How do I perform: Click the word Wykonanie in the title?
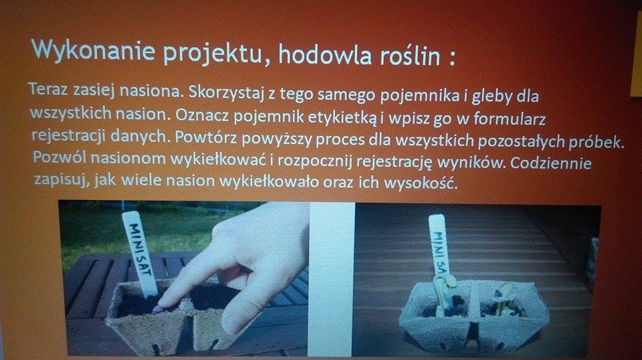(94, 50)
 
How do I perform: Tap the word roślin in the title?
(410, 56)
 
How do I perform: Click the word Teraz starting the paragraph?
(48, 88)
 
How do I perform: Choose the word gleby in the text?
(492, 96)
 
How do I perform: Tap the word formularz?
(510, 118)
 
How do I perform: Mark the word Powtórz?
(205, 137)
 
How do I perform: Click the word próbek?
(596, 141)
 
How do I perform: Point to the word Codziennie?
(550, 163)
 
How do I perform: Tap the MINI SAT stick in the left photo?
(140, 253)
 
